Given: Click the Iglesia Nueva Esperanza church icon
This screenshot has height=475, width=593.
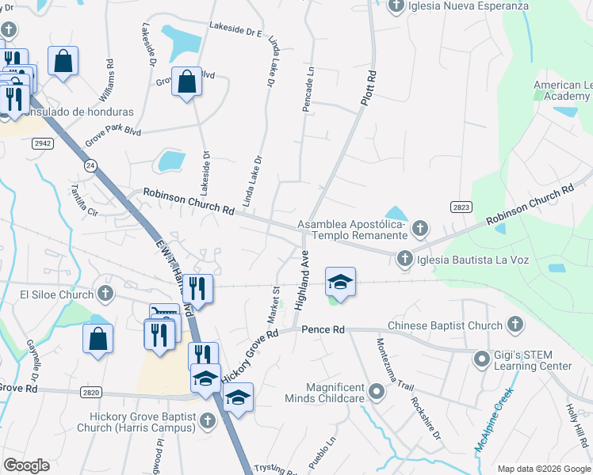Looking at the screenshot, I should [397, 6].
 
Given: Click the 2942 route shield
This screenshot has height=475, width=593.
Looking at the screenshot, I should [43, 142].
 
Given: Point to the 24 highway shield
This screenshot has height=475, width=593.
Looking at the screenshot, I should [91, 165].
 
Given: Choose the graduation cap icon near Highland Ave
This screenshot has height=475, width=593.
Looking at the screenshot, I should [340, 283].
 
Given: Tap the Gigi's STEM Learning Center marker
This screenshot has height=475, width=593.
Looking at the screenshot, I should [481, 359].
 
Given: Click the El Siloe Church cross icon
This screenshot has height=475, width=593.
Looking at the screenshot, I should [105, 294].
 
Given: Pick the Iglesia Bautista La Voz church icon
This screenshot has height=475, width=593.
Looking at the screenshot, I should [404, 258].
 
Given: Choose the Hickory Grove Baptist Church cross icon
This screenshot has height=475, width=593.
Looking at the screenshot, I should [207, 420].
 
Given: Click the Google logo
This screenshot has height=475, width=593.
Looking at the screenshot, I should [26, 465].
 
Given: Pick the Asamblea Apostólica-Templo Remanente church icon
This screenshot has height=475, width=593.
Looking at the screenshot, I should [419, 229].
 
